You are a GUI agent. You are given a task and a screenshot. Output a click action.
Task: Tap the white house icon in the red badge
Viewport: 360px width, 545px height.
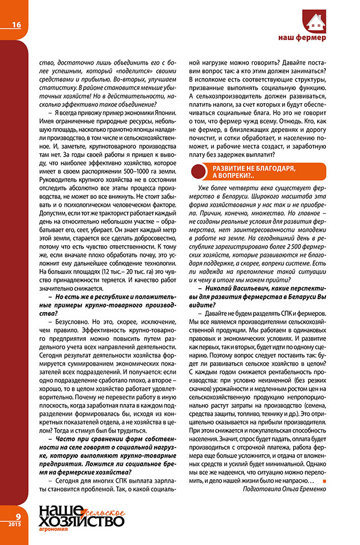pos(316,21)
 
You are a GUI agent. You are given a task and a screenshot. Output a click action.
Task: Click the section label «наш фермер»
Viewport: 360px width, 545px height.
pos(302,38)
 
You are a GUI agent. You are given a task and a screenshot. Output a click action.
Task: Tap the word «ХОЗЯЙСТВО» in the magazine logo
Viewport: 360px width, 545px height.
pos(81,520)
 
